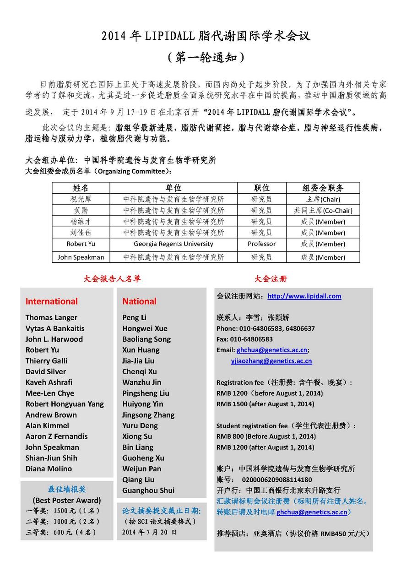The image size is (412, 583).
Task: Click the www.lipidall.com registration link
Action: [x=304, y=296]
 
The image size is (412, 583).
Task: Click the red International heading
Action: [x=51, y=301]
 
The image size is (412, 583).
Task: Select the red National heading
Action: [x=139, y=301]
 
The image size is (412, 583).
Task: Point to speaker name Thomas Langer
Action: [x=51, y=317]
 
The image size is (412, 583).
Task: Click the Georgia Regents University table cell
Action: [x=173, y=244]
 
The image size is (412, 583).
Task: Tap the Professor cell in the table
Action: [x=261, y=244]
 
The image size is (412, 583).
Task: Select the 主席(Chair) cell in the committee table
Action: [x=323, y=199]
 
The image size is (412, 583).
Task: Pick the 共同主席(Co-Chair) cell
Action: [x=323, y=211]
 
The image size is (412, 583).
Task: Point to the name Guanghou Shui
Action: [x=148, y=490]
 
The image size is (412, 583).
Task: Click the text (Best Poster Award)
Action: [x=67, y=500]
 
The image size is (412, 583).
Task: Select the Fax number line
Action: [x=244, y=339]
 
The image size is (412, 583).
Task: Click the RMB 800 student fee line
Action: [x=266, y=436]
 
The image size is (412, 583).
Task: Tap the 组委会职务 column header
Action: [x=323, y=188]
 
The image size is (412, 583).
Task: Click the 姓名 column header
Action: [x=81, y=188]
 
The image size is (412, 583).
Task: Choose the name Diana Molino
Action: [x=49, y=469]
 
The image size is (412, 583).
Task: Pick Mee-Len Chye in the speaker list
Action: [x=49, y=393]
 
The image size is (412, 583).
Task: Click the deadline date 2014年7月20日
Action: [x=149, y=532]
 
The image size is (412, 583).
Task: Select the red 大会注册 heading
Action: [x=271, y=278]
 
